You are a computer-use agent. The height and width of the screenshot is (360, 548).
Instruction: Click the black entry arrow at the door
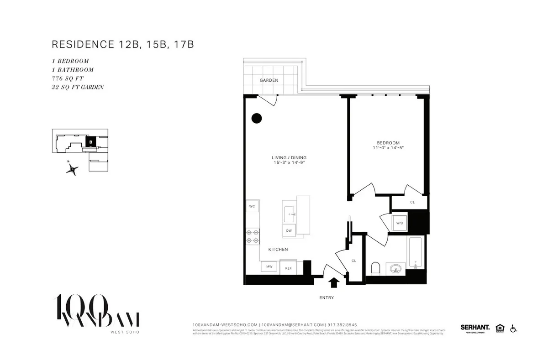coord(334,283)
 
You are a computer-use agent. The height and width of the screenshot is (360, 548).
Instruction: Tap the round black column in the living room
coord(257,118)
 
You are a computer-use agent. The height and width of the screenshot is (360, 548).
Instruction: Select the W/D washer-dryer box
coord(400,223)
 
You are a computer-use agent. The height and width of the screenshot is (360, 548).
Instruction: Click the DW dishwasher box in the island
coord(289,230)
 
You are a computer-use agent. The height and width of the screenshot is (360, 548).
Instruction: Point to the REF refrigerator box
coord(289,268)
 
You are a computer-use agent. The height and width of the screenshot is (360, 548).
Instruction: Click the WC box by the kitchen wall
coord(252,206)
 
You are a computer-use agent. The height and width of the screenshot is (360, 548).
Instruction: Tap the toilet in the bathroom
coord(376,268)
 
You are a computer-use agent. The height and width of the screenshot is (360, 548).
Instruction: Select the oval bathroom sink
coord(395,268)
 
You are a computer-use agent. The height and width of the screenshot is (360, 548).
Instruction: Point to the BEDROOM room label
coord(388,143)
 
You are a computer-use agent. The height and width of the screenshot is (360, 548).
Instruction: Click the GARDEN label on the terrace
coord(269,80)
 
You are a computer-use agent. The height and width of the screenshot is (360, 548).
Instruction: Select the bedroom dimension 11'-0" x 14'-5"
coord(388,148)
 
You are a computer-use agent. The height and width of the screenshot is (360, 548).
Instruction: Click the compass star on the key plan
coord(72,169)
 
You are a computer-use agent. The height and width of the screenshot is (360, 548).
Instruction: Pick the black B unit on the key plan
coord(91,141)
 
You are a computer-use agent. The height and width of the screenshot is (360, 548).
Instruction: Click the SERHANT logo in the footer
coord(475,327)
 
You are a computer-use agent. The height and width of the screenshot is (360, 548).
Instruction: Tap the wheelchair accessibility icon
coord(513,328)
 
